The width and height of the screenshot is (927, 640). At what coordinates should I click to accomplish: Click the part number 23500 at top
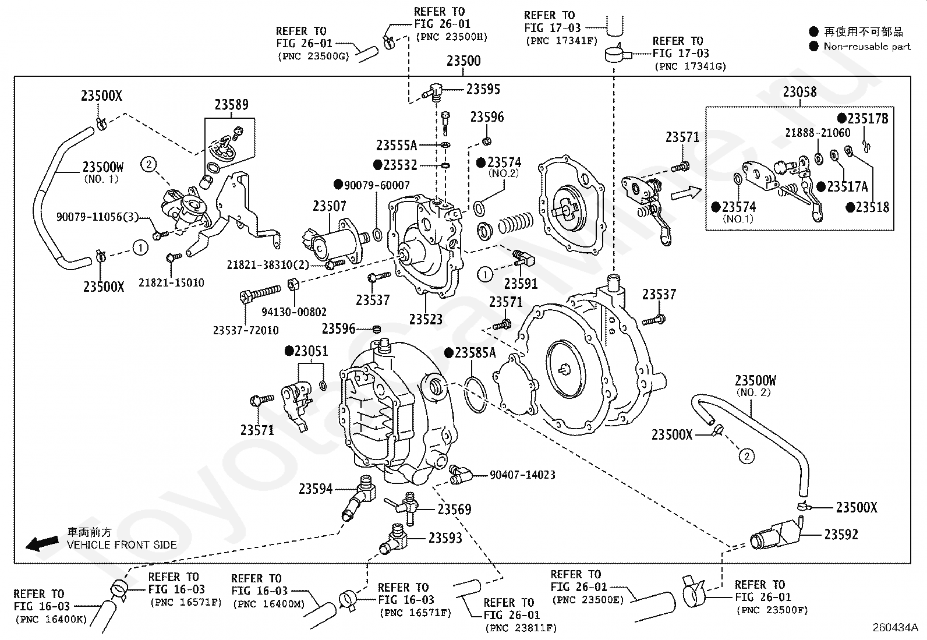click(463, 61)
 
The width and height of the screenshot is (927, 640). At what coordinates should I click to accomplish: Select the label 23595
click(483, 89)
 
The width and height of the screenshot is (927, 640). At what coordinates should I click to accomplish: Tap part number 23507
click(329, 206)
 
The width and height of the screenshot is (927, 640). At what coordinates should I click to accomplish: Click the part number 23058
click(799, 92)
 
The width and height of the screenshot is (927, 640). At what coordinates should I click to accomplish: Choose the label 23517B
click(868, 119)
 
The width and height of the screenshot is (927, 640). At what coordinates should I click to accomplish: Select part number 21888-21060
click(817, 133)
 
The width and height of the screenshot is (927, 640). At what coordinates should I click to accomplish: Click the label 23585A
click(475, 353)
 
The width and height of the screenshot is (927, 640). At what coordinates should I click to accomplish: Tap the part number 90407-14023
click(522, 475)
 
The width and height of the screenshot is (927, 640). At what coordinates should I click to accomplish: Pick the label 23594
click(316, 489)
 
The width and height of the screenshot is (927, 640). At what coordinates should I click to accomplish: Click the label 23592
click(841, 534)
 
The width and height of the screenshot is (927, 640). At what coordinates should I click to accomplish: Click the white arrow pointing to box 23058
click(684, 193)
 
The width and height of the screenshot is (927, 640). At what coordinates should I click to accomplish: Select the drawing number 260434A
click(895, 628)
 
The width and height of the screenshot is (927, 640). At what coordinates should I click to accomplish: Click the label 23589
click(231, 105)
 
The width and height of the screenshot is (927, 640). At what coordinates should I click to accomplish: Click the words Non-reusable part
click(866, 47)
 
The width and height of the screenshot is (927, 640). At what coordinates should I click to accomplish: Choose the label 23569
click(454, 510)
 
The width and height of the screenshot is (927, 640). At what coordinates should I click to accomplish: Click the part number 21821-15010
click(171, 283)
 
